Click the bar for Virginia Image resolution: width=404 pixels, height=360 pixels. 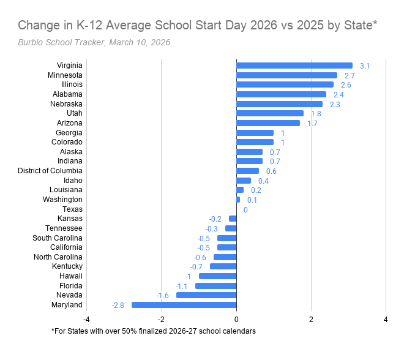(x=294, y=66)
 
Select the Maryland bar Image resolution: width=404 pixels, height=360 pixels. (x=184, y=305)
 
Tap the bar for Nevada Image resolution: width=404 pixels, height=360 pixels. (x=206, y=295)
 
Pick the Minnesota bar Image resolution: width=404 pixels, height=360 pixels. (x=286, y=75)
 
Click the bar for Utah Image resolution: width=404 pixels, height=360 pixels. (x=270, y=113)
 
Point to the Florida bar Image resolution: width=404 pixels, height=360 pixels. (x=215, y=286)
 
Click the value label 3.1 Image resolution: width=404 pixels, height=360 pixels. (x=365, y=66)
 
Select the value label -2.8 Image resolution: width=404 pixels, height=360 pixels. (x=118, y=305)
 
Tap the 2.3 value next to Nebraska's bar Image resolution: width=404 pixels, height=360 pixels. (x=335, y=104)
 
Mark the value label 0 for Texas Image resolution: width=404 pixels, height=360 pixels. (x=245, y=209)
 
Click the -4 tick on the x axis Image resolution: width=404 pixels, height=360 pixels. (x=86, y=319)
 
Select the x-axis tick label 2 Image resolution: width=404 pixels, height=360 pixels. (x=311, y=319)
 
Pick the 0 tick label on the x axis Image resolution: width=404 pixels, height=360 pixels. (x=236, y=319)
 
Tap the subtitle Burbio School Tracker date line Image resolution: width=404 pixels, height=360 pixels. (x=94, y=42)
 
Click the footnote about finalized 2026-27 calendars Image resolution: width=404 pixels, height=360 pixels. (x=153, y=331)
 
